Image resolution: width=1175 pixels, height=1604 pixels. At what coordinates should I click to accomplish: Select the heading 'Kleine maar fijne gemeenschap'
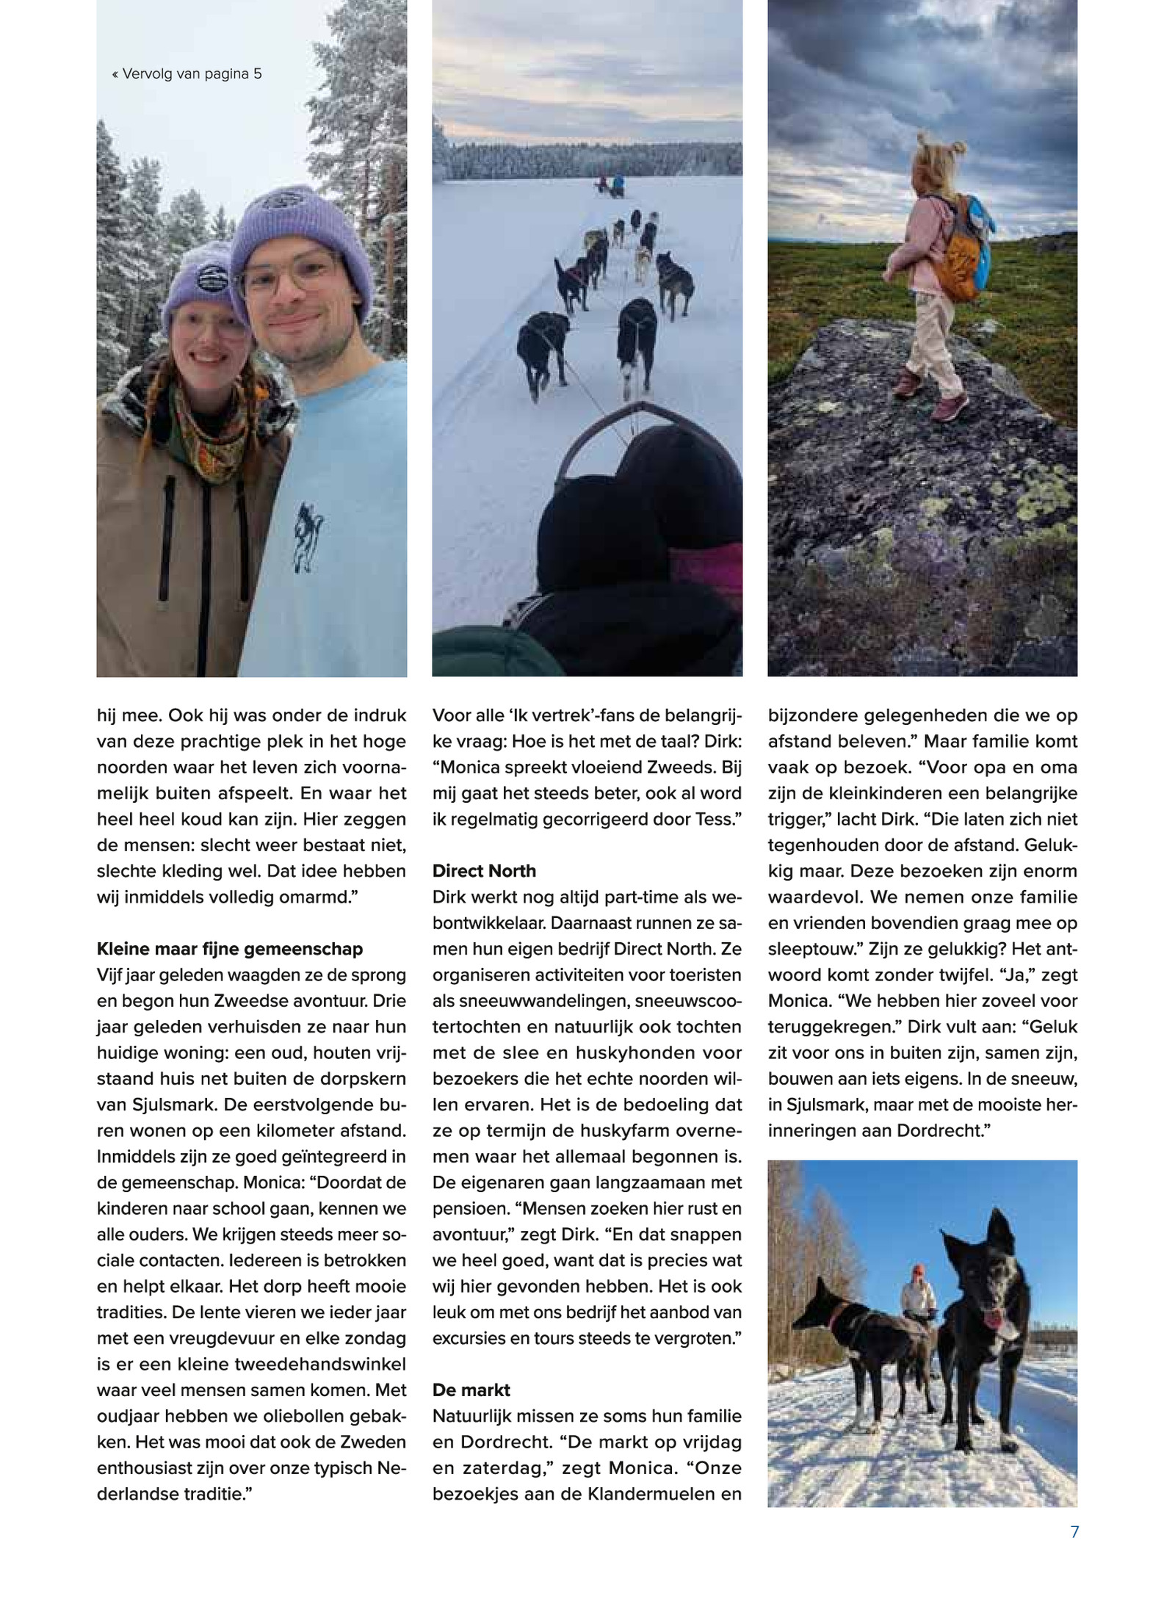[x=230, y=949]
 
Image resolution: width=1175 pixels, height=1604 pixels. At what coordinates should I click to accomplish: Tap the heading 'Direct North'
[x=484, y=871]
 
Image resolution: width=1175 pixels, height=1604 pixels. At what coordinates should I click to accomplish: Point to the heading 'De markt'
[x=471, y=1390]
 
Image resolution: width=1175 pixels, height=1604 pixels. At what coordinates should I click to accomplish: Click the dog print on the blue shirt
[x=308, y=536]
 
